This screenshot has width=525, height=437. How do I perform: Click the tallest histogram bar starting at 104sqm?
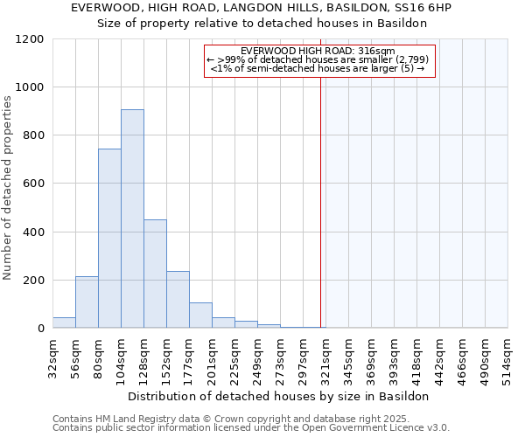tap(132, 218)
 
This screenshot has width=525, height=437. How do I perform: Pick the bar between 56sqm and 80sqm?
tap(87, 302)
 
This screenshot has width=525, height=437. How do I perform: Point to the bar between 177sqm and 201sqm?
tap(200, 316)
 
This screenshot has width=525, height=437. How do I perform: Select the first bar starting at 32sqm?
tap(64, 323)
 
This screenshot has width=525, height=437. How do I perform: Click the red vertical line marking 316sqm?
tap(321, 201)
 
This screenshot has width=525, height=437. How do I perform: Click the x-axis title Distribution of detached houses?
tap(280, 396)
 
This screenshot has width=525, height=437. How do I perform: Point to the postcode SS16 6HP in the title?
tap(420, 7)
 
